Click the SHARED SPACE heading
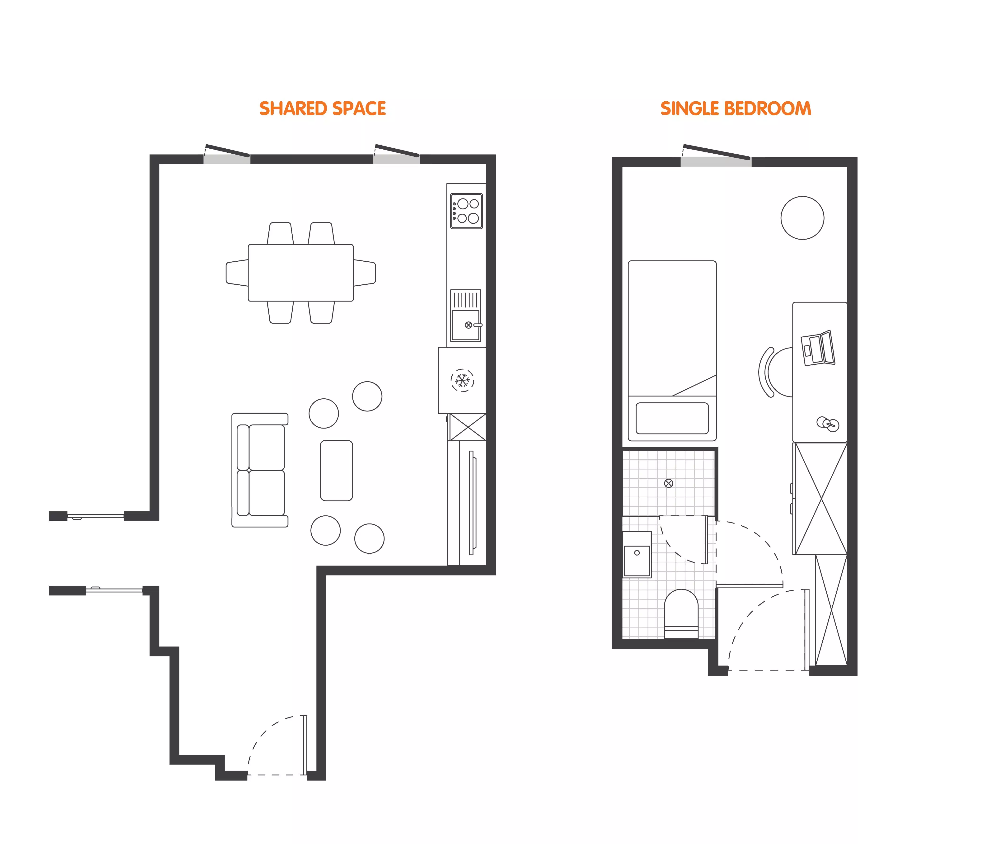coord(323,109)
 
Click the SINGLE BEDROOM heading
coord(736,109)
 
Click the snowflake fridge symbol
coord(462,381)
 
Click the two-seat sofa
coord(260,470)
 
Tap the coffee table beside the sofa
coord(337,470)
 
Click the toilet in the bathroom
coord(681,613)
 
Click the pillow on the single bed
coord(672,418)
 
